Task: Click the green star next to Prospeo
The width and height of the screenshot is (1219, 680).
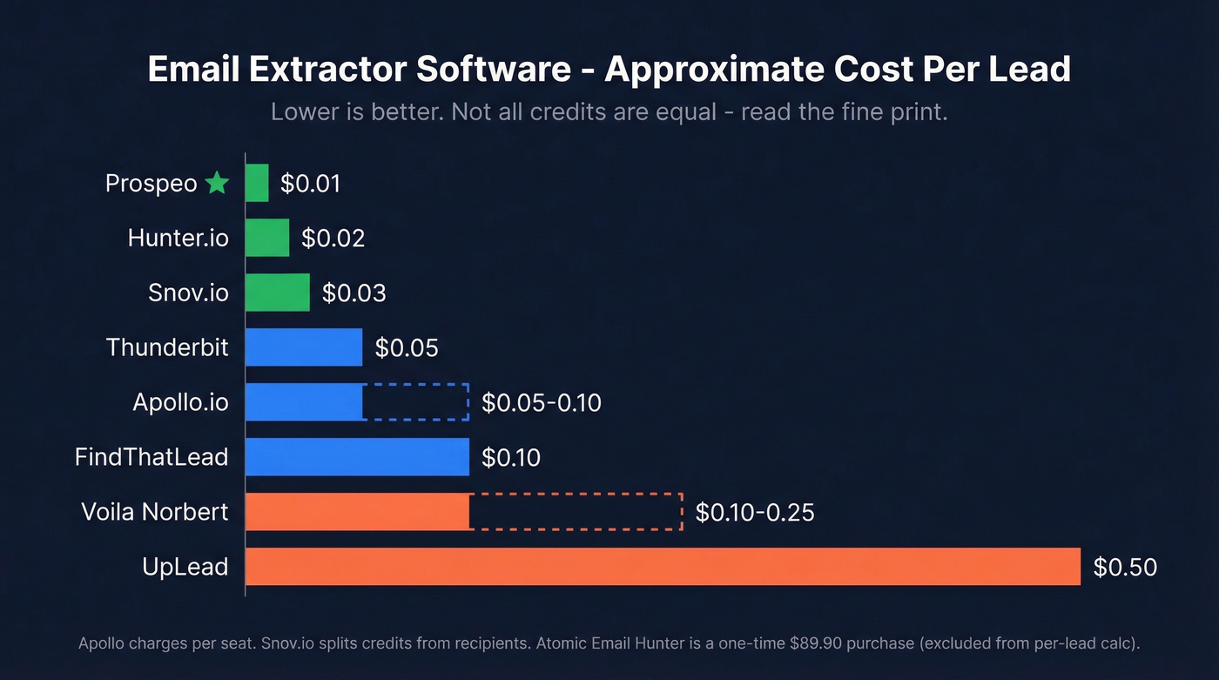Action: pyautogui.click(x=217, y=183)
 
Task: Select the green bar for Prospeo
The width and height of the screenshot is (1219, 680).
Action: pyautogui.click(x=257, y=183)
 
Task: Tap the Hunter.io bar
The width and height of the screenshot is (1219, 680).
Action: pyautogui.click(x=266, y=238)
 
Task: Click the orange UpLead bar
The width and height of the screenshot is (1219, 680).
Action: pyautogui.click(x=662, y=567)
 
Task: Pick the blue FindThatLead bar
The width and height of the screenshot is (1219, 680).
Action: pyautogui.click(x=357, y=457)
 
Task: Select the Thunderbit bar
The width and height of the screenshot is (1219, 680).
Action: pyautogui.click(x=303, y=347)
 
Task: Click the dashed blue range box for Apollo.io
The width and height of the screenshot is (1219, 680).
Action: pyautogui.click(x=415, y=402)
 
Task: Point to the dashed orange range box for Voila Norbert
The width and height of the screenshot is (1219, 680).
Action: pyautogui.click(x=575, y=512)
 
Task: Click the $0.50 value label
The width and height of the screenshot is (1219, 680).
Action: pyautogui.click(x=1125, y=568)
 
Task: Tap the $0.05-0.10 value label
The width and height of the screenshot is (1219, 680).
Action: pyautogui.click(x=542, y=403)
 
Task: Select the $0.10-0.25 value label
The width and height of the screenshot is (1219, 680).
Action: pyautogui.click(x=755, y=513)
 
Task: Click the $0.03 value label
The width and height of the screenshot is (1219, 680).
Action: pyautogui.click(x=354, y=293)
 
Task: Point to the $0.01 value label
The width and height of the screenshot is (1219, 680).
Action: pyautogui.click(x=310, y=184)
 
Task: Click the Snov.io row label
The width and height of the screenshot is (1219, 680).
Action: pyautogui.click(x=188, y=293)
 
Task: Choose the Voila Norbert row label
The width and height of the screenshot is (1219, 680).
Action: pyautogui.click(x=155, y=512)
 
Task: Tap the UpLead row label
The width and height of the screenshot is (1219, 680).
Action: pyautogui.click(x=185, y=567)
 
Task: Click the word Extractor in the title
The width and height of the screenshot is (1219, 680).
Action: pyautogui.click(x=320, y=70)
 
